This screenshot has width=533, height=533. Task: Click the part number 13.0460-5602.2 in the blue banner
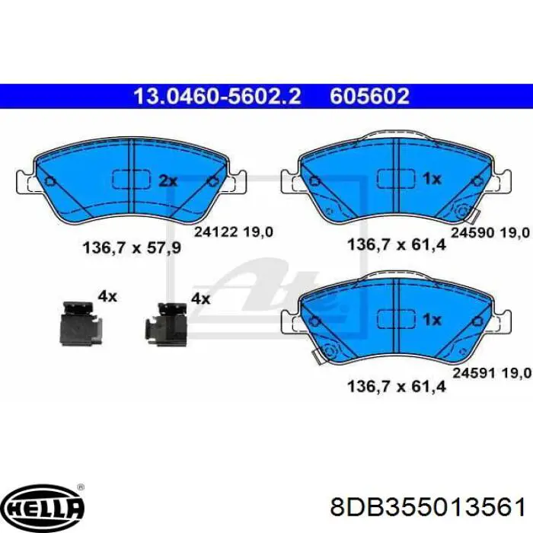[217, 97]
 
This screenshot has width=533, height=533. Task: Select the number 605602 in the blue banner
[370, 97]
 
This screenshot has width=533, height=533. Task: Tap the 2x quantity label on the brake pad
[168, 181]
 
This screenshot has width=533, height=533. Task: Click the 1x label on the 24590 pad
[432, 179]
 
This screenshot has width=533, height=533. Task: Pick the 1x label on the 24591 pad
[432, 319]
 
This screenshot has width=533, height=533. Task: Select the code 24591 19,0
[490, 374]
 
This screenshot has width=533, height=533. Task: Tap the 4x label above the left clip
[107, 296]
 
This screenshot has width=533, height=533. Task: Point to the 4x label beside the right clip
[199, 299]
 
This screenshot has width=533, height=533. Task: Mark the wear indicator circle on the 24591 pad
[330, 351]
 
